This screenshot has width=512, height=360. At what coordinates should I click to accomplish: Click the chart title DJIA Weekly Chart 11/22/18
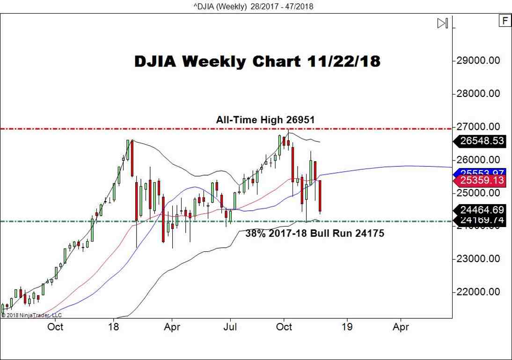tap(257, 61)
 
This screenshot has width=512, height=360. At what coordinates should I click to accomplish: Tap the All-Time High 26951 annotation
tap(265, 120)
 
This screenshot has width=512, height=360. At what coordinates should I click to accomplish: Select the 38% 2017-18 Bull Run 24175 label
tap(315, 233)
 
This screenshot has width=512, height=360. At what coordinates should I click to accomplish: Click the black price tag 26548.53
tap(482, 141)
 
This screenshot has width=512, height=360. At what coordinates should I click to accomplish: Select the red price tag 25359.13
tap(482, 180)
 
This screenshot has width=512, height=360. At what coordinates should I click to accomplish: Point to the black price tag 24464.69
tap(482, 210)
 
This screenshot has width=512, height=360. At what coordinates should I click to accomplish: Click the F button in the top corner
tap(505, 21)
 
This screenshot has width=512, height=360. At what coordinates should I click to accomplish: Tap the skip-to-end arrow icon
tap(443, 23)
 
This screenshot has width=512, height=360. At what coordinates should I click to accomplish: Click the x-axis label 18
tap(114, 327)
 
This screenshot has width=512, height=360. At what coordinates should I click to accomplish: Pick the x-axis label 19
tap(347, 327)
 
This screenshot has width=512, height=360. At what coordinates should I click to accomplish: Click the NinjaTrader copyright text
tap(31, 315)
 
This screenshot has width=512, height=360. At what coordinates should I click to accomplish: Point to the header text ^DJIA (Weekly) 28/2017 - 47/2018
tap(256, 6)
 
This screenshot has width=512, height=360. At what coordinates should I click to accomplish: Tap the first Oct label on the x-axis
tap(55, 327)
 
